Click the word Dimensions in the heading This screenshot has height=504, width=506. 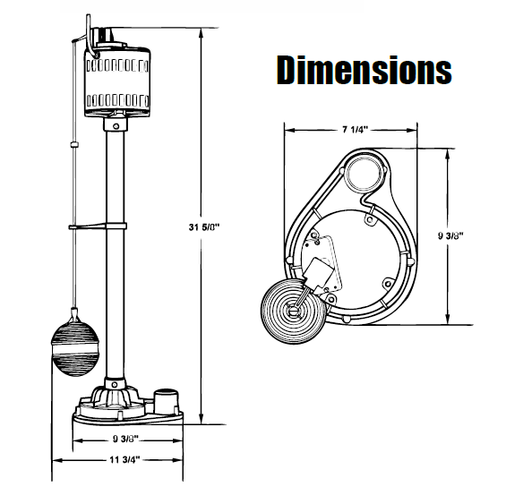[364, 69]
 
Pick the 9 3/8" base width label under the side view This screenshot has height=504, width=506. [124, 440]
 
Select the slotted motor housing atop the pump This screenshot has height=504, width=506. [118, 81]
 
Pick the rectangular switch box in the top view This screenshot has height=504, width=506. [321, 263]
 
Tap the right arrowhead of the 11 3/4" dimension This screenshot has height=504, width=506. [191, 460]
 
